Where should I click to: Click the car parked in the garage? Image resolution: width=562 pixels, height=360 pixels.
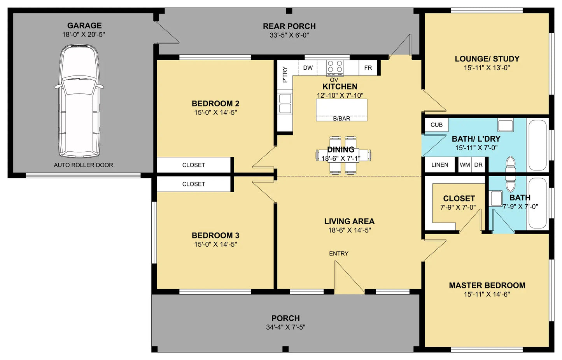[x=79, y=101]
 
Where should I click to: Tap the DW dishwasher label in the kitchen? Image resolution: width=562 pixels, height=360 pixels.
[x=308, y=68]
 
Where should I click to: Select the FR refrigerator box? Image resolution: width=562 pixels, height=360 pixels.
[x=368, y=68]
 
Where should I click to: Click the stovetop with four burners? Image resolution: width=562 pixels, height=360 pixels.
[x=335, y=68]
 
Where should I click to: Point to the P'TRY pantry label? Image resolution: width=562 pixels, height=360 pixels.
[x=285, y=75]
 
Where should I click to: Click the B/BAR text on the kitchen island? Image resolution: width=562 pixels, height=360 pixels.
[x=341, y=118]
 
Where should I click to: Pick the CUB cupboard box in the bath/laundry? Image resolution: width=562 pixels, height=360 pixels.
[x=436, y=125]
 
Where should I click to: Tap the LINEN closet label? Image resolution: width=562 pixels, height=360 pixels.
[x=440, y=165]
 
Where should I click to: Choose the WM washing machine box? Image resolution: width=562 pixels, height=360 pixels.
[x=465, y=165]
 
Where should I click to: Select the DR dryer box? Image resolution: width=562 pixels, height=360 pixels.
[x=479, y=165]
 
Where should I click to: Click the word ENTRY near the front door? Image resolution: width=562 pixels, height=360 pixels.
[x=339, y=253]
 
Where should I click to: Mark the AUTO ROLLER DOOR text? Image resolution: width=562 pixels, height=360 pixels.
[x=84, y=165]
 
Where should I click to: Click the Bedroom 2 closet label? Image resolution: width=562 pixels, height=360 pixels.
[x=194, y=165]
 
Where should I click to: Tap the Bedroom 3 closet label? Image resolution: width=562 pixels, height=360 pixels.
[x=194, y=184]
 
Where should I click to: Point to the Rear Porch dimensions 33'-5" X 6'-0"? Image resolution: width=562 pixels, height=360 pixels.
[x=289, y=35]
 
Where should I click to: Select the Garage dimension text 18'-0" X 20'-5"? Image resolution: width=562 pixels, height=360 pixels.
[x=84, y=34]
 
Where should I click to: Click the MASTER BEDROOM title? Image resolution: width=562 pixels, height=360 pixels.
[x=487, y=285]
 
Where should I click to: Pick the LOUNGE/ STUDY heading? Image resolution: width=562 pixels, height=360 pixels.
[x=487, y=59]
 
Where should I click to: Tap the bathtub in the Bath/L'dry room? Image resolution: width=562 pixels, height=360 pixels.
[x=537, y=145]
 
